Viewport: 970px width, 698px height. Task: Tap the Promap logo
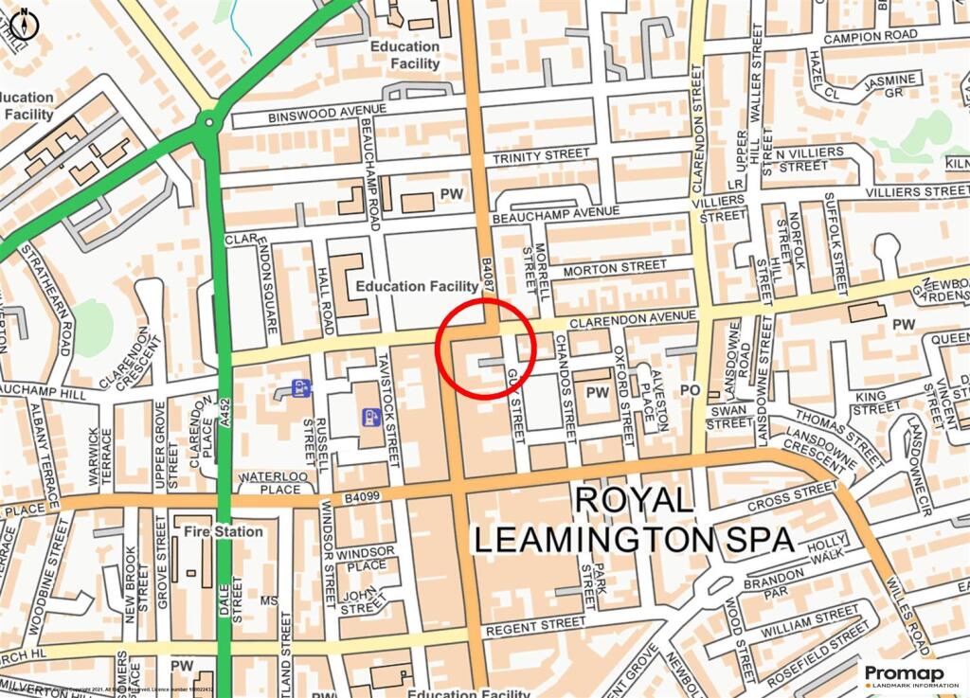910,676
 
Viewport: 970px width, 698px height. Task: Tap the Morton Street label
615,269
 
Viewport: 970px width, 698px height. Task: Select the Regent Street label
534,626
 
